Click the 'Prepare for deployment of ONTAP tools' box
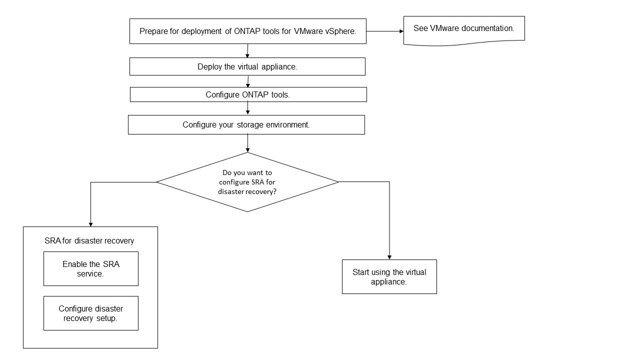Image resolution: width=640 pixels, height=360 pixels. click(x=247, y=31)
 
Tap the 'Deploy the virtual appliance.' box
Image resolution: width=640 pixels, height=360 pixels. click(x=247, y=66)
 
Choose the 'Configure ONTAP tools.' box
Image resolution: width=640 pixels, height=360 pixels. click(x=248, y=94)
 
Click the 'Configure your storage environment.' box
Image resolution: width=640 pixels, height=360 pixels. click(x=246, y=125)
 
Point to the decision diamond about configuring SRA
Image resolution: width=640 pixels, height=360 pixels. click(x=247, y=182)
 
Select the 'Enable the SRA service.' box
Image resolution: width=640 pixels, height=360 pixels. click(x=90, y=269)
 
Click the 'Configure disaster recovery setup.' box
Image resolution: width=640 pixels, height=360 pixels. click(x=90, y=313)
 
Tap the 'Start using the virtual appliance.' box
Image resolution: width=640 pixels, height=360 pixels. click(x=389, y=277)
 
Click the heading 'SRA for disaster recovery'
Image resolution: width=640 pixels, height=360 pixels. click(x=89, y=240)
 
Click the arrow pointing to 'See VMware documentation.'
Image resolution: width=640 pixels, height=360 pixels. click(x=385, y=31)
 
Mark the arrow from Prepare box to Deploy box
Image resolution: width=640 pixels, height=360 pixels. click(x=247, y=51)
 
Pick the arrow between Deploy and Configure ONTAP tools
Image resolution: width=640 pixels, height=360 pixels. click(x=248, y=82)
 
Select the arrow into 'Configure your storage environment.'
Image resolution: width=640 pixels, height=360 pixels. click(x=247, y=108)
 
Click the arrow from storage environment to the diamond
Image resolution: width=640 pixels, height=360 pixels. click(x=247, y=143)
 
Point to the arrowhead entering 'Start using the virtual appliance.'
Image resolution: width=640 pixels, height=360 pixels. click(x=389, y=256)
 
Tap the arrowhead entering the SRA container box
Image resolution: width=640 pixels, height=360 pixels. click(x=90, y=223)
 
